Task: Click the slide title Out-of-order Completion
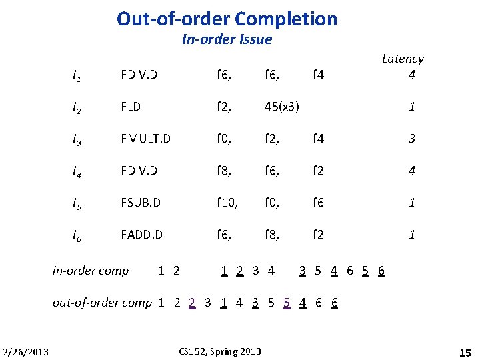[227, 18]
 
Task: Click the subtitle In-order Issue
[227, 39]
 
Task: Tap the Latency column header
[403, 59]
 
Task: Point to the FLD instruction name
[131, 106]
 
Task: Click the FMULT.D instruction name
[145, 139]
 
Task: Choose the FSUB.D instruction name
[141, 203]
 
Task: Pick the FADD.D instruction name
[141, 235]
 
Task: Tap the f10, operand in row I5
[229, 203]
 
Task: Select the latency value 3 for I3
[412, 139]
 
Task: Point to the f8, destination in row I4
[225, 171]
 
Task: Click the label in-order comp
[91, 270]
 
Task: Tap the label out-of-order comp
[102, 303]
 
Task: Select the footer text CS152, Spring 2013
[221, 351]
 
